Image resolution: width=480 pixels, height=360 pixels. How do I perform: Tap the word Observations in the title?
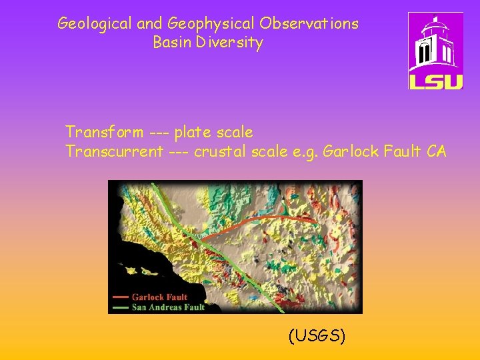pos(309,24)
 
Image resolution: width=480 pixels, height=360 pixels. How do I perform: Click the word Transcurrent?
pos(114,151)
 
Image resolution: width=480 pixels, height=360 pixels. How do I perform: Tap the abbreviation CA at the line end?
pos(437,151)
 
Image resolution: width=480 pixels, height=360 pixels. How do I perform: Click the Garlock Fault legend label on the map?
pos(159,297)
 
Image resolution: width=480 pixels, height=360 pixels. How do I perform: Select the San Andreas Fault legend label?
pos(168,307)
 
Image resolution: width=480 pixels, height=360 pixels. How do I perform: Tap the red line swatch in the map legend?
pos(121,297)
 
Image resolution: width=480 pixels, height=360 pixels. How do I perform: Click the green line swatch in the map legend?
pos(121,307)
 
